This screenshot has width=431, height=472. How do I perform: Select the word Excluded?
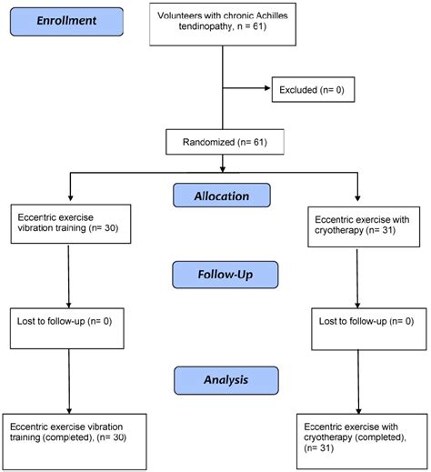299,90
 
